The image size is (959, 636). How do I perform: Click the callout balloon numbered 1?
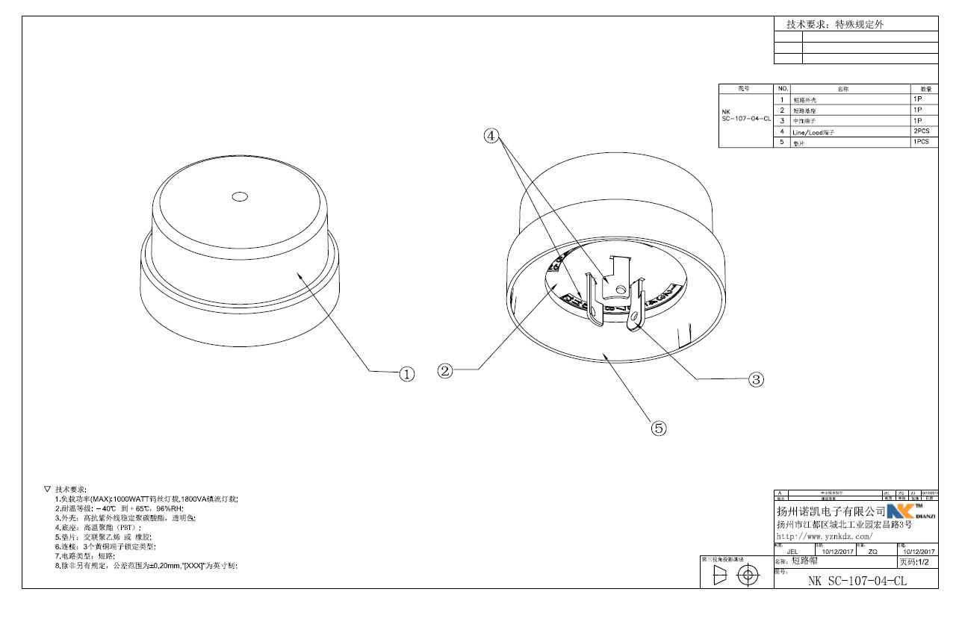(x=407, y=374)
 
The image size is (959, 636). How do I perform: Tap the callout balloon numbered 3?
(x=757, y=379)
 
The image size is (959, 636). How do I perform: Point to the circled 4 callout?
(x=491, y=136)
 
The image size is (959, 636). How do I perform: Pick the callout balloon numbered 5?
(x=658, y=428)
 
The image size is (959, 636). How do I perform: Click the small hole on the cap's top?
(x=240, y=197)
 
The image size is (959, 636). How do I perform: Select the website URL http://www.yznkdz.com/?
(x=825, y=537)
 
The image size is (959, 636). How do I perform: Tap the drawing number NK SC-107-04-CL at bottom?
(x=857, y=581)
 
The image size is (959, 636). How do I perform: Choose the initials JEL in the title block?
(x=792, y=552)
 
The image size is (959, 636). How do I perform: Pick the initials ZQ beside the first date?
(x=872, y=552)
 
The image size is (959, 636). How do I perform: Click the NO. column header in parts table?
(x=783, y=89)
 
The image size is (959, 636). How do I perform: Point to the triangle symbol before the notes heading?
(x=48, y=488)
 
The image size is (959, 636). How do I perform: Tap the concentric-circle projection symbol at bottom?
(x=748, y=576)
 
